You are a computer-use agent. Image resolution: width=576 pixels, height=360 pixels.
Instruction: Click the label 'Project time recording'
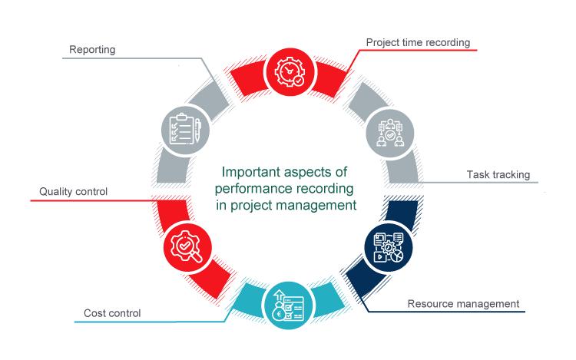[x=417, y=41]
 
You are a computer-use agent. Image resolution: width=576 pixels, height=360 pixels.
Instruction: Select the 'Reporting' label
[x=92, y=50]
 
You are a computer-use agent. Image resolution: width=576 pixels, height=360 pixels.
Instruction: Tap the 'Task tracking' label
[x=498, y=175]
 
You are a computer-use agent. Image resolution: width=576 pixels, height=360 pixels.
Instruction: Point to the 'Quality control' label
[x=74, y=191]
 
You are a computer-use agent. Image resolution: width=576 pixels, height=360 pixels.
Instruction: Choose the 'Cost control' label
[x=112, y=313]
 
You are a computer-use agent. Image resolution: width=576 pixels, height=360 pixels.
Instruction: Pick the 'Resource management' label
[x=463, y=304]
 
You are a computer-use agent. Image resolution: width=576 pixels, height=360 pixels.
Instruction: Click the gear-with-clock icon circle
[x=288, y=69]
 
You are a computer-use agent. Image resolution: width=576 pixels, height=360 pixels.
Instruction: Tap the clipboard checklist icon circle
[x=184, y=130]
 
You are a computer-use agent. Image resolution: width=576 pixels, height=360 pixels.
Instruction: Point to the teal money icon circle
[x=286, y=306]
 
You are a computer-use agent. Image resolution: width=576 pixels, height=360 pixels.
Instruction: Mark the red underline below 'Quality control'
[x=92, y=200]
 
